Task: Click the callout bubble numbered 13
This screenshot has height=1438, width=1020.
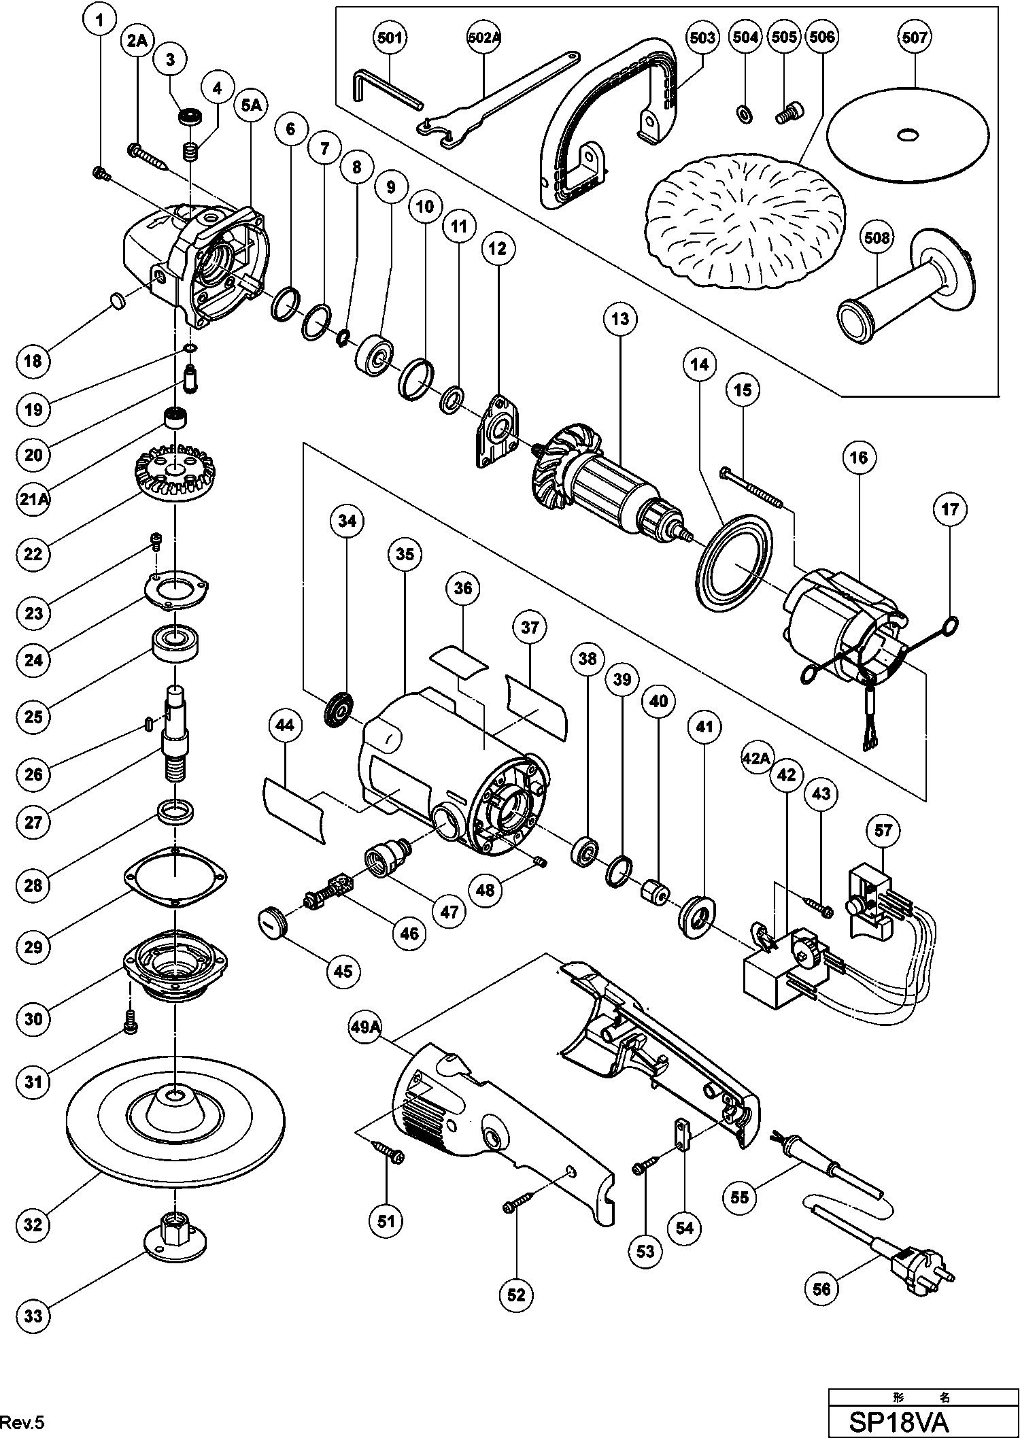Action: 620,319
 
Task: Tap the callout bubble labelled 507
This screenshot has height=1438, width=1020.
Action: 915,37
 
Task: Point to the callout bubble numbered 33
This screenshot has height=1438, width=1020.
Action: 33,1316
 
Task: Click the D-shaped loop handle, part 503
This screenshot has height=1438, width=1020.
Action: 612,122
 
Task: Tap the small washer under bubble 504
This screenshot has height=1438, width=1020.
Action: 745,112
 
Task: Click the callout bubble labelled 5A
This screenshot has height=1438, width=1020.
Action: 250,105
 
